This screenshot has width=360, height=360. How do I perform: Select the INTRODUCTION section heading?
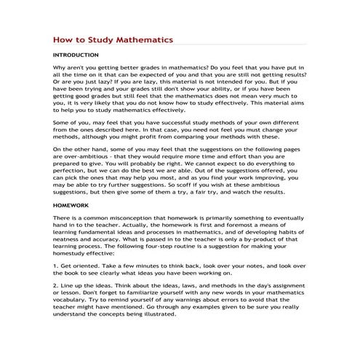coord(79,55)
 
